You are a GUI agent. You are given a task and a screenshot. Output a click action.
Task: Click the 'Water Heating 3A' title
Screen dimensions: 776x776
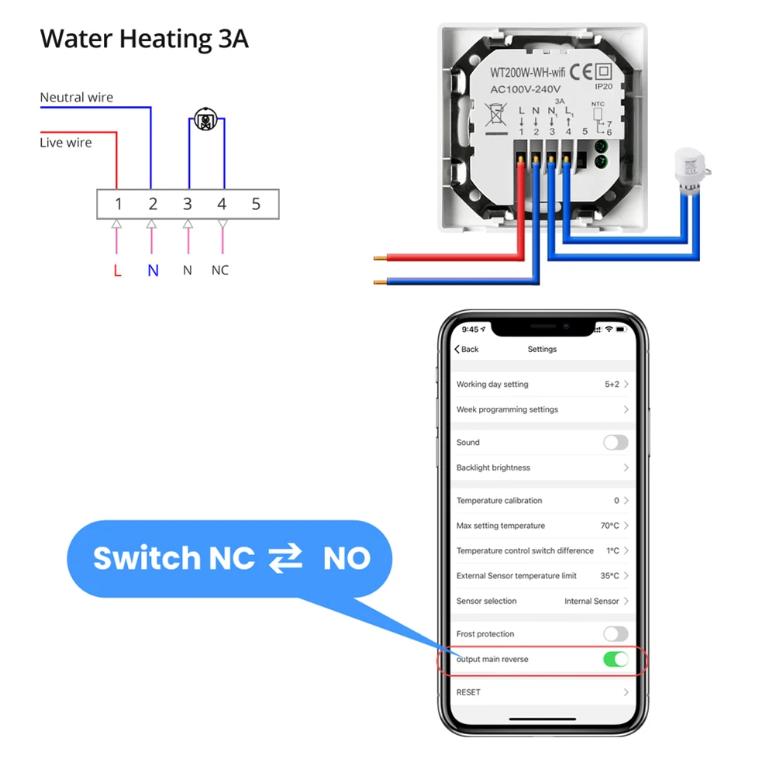(144, 39)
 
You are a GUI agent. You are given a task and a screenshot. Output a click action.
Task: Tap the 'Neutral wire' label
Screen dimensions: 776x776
(76, 97)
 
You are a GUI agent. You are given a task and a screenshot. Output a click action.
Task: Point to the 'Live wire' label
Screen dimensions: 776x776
(66, 143)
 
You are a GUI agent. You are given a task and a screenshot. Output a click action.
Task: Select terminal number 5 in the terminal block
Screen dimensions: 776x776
(256, 204)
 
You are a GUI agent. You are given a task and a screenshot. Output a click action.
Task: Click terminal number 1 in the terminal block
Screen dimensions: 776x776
(119, 204)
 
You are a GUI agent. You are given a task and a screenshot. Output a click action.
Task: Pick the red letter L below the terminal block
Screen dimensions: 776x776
(117, 271)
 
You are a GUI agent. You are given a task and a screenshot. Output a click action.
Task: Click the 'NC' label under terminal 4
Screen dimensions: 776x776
(220, 271)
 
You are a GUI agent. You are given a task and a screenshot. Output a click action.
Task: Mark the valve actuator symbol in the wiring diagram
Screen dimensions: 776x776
(205, 119)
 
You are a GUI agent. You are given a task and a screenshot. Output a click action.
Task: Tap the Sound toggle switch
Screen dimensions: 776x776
(616, 443)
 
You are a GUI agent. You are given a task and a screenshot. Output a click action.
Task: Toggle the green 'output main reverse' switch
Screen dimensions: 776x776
(616, 659)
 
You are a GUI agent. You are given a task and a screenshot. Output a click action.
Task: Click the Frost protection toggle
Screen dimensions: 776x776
(616, 634)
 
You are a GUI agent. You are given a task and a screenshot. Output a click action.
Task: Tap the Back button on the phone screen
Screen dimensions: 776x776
(466, 350)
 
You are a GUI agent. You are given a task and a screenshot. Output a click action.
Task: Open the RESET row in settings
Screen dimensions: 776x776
(543, 692)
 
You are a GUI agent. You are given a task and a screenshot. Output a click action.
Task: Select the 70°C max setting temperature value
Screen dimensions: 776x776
(609, 526)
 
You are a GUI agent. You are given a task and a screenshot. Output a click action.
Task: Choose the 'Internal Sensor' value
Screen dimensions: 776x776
(591, 601)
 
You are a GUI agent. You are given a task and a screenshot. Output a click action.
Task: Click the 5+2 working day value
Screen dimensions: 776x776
(612, 385)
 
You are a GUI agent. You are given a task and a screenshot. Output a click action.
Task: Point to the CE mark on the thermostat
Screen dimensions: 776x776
(581, 72)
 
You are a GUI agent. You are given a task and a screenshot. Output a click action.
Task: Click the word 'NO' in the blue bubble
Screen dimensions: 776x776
(347, 558)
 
